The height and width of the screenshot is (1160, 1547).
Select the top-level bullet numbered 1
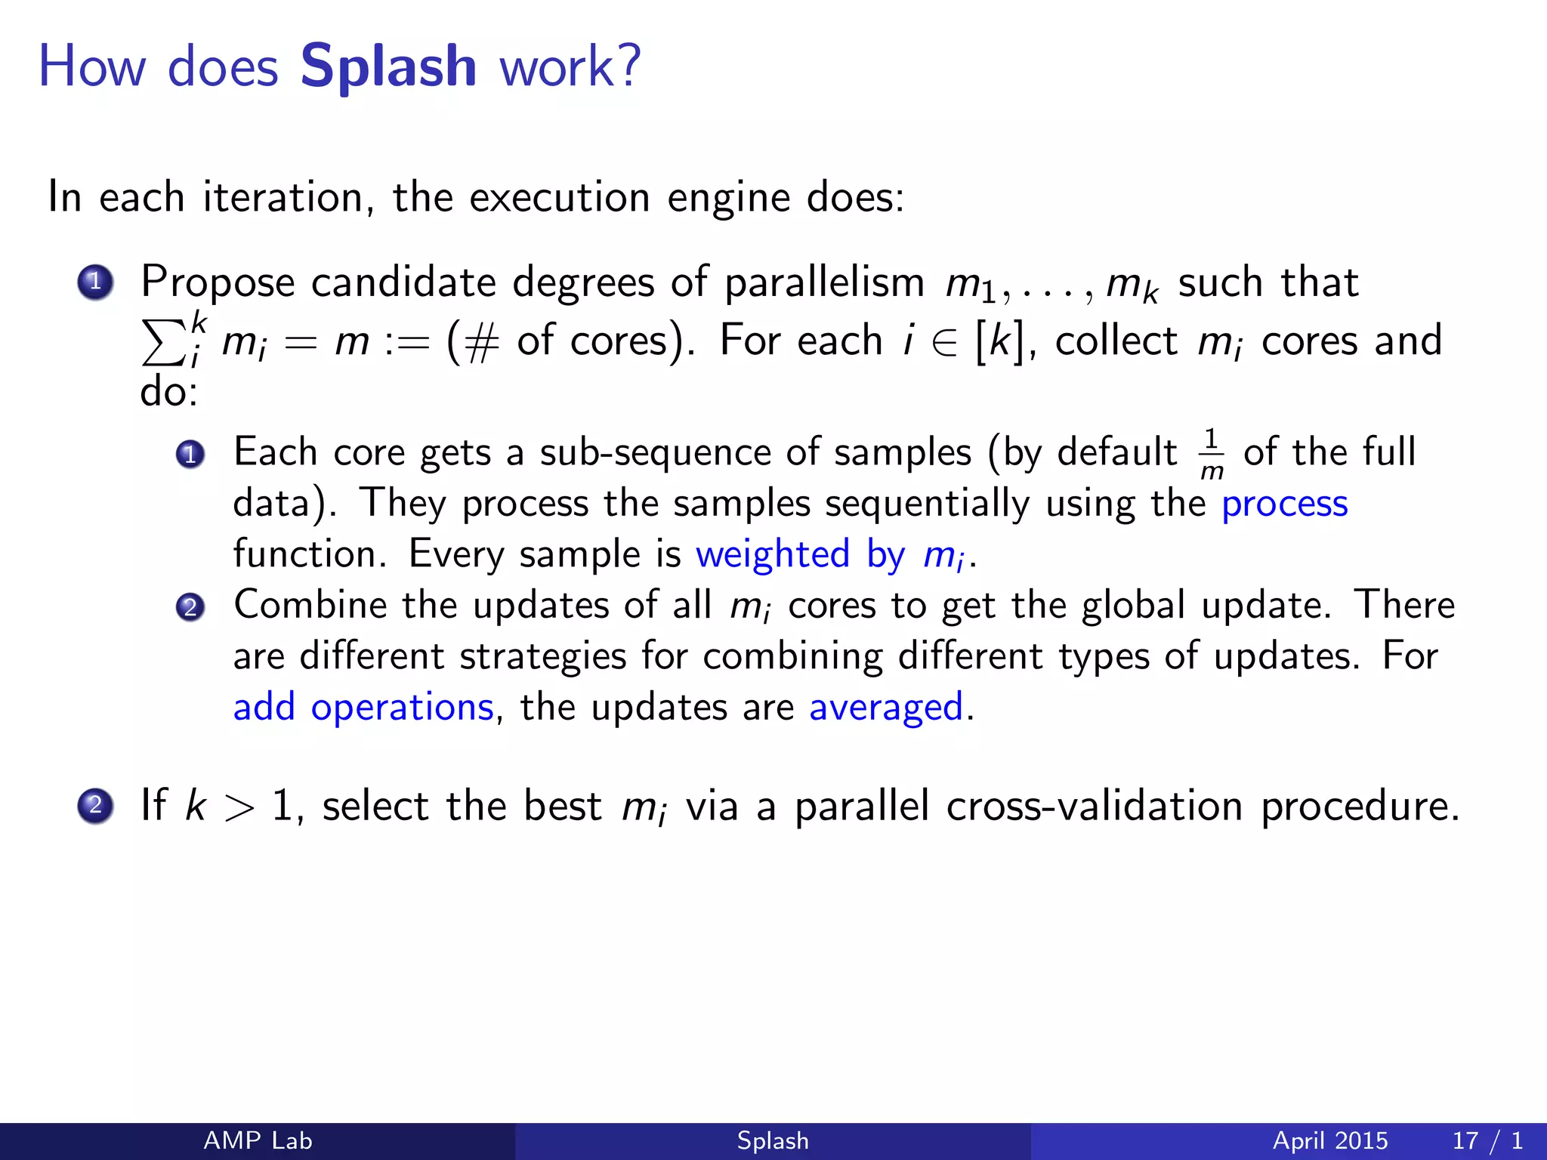95,282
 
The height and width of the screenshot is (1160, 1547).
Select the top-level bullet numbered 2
95,805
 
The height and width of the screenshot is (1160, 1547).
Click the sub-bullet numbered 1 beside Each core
190,454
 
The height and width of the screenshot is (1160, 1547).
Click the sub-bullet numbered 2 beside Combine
190,607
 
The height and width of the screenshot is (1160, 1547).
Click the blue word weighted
773,555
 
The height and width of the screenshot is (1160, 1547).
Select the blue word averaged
885,708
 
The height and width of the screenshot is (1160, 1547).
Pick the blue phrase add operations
363,708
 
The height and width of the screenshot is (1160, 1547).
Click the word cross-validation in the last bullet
1094,807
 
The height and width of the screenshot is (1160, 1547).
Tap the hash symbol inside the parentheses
482,342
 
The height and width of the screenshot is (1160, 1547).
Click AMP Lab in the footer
258,1140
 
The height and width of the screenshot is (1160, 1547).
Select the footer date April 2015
1329,1140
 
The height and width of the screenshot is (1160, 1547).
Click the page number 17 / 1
1487,1140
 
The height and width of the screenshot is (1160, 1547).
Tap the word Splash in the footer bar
773,1140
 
